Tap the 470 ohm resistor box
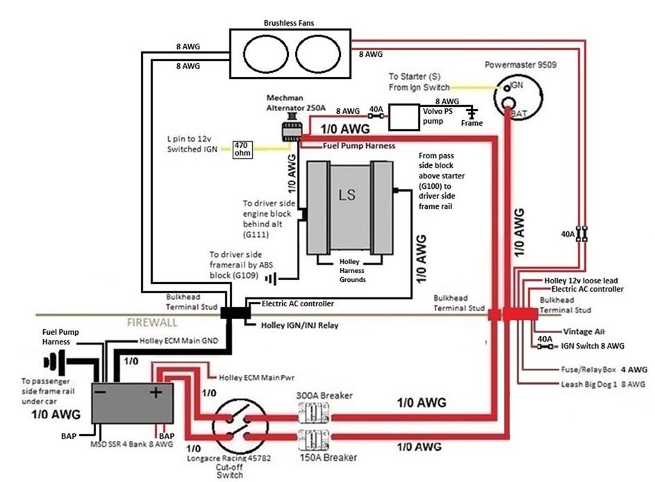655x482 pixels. (x=242, y=149)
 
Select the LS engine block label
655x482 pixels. (x=347, y=194)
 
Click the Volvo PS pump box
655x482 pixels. (x=404, y=117)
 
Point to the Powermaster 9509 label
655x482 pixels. (x=520, y=65)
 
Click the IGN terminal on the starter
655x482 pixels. (x=507, y=88)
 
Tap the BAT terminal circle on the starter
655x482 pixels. (x=508, y=103)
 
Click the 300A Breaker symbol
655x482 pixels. (x=314, y=413)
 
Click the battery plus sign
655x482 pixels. (x=156, y=392)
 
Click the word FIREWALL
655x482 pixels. (x=152, y=322)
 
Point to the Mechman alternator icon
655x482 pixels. (x=291, y=128)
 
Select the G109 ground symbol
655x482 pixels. (x=271, y=279)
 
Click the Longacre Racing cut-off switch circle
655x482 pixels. (x=240, y=426)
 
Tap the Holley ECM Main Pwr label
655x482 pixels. (x=256, y=378)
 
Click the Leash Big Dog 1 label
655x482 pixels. (x=589, y=384)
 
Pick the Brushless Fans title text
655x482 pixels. (x=289, y=23)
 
